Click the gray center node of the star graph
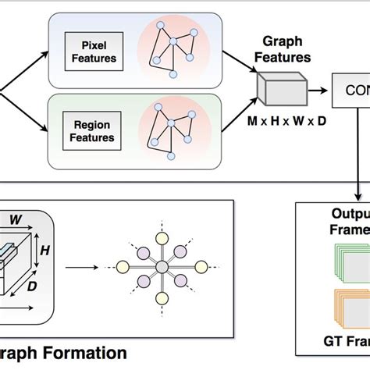161,268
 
